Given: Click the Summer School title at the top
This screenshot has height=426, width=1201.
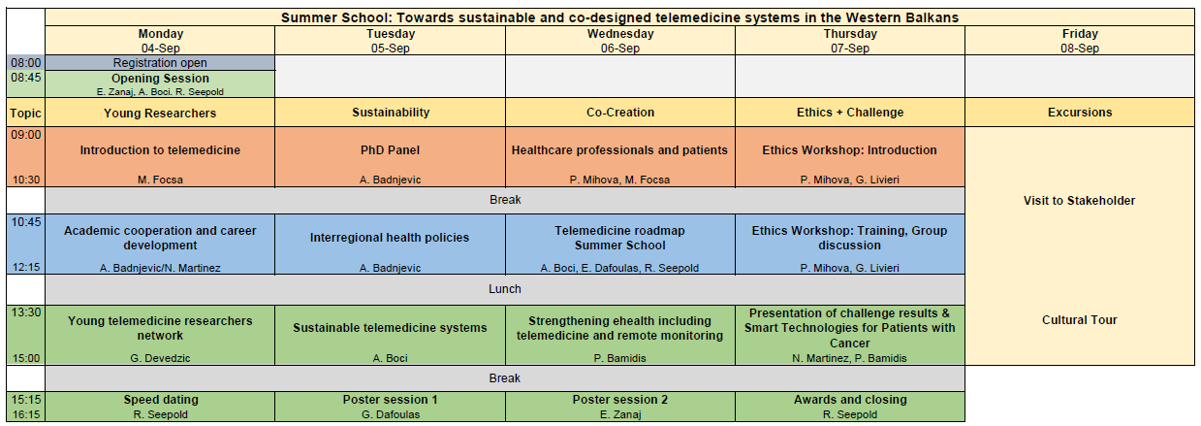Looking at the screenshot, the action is pos(619,17).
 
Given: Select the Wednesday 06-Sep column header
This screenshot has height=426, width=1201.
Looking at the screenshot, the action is pos(620,41).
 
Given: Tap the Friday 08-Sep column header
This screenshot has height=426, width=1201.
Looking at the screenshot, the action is pos(1080,41).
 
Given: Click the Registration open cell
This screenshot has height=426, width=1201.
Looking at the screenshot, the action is pos(160,63).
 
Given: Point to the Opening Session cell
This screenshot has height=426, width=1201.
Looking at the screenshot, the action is pos(160,84).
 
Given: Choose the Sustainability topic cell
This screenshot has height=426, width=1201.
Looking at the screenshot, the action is pos(391,113).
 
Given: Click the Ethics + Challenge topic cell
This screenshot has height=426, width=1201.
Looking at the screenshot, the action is pos(850,113).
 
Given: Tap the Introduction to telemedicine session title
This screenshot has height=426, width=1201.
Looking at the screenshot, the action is pos(160,150).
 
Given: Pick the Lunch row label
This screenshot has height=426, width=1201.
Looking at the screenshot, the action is pos(504,289).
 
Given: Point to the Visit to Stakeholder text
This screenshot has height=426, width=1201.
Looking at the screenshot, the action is pos(1079,201).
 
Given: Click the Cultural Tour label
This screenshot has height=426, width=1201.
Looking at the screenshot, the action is pos(1079,320).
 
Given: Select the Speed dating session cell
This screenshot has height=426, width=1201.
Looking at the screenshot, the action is pos(160,407).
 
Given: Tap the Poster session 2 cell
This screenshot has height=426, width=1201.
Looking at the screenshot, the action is pos(620,407).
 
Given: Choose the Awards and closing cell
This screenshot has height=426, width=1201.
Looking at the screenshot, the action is pos(850,407).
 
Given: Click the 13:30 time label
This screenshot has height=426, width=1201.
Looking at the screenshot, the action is pos(26,312).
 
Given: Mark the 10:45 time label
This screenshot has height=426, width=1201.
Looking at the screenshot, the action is pos(26,222).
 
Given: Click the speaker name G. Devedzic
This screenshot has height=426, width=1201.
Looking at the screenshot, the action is pos(160,358).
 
